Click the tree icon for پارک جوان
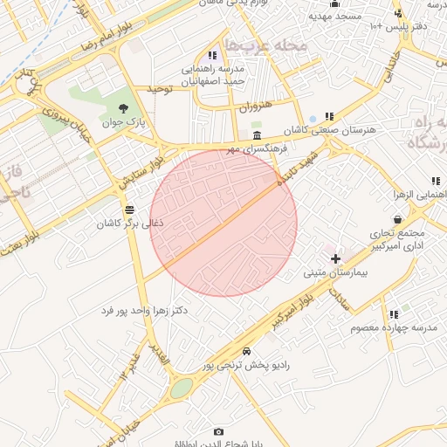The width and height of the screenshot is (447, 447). point(122,109)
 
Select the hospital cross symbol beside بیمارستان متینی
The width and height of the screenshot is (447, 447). point(335,259)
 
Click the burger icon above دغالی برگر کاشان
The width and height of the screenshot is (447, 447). point(130,210)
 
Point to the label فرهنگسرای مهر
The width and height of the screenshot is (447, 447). point(258,149)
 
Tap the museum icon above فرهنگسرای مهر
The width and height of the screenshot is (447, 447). point(257,136)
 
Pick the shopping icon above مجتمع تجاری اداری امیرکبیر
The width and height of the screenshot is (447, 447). point(399,219)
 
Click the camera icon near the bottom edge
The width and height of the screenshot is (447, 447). point(218,432)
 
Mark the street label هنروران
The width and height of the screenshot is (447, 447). point(255,107)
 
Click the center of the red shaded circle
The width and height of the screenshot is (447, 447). point(224,223)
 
